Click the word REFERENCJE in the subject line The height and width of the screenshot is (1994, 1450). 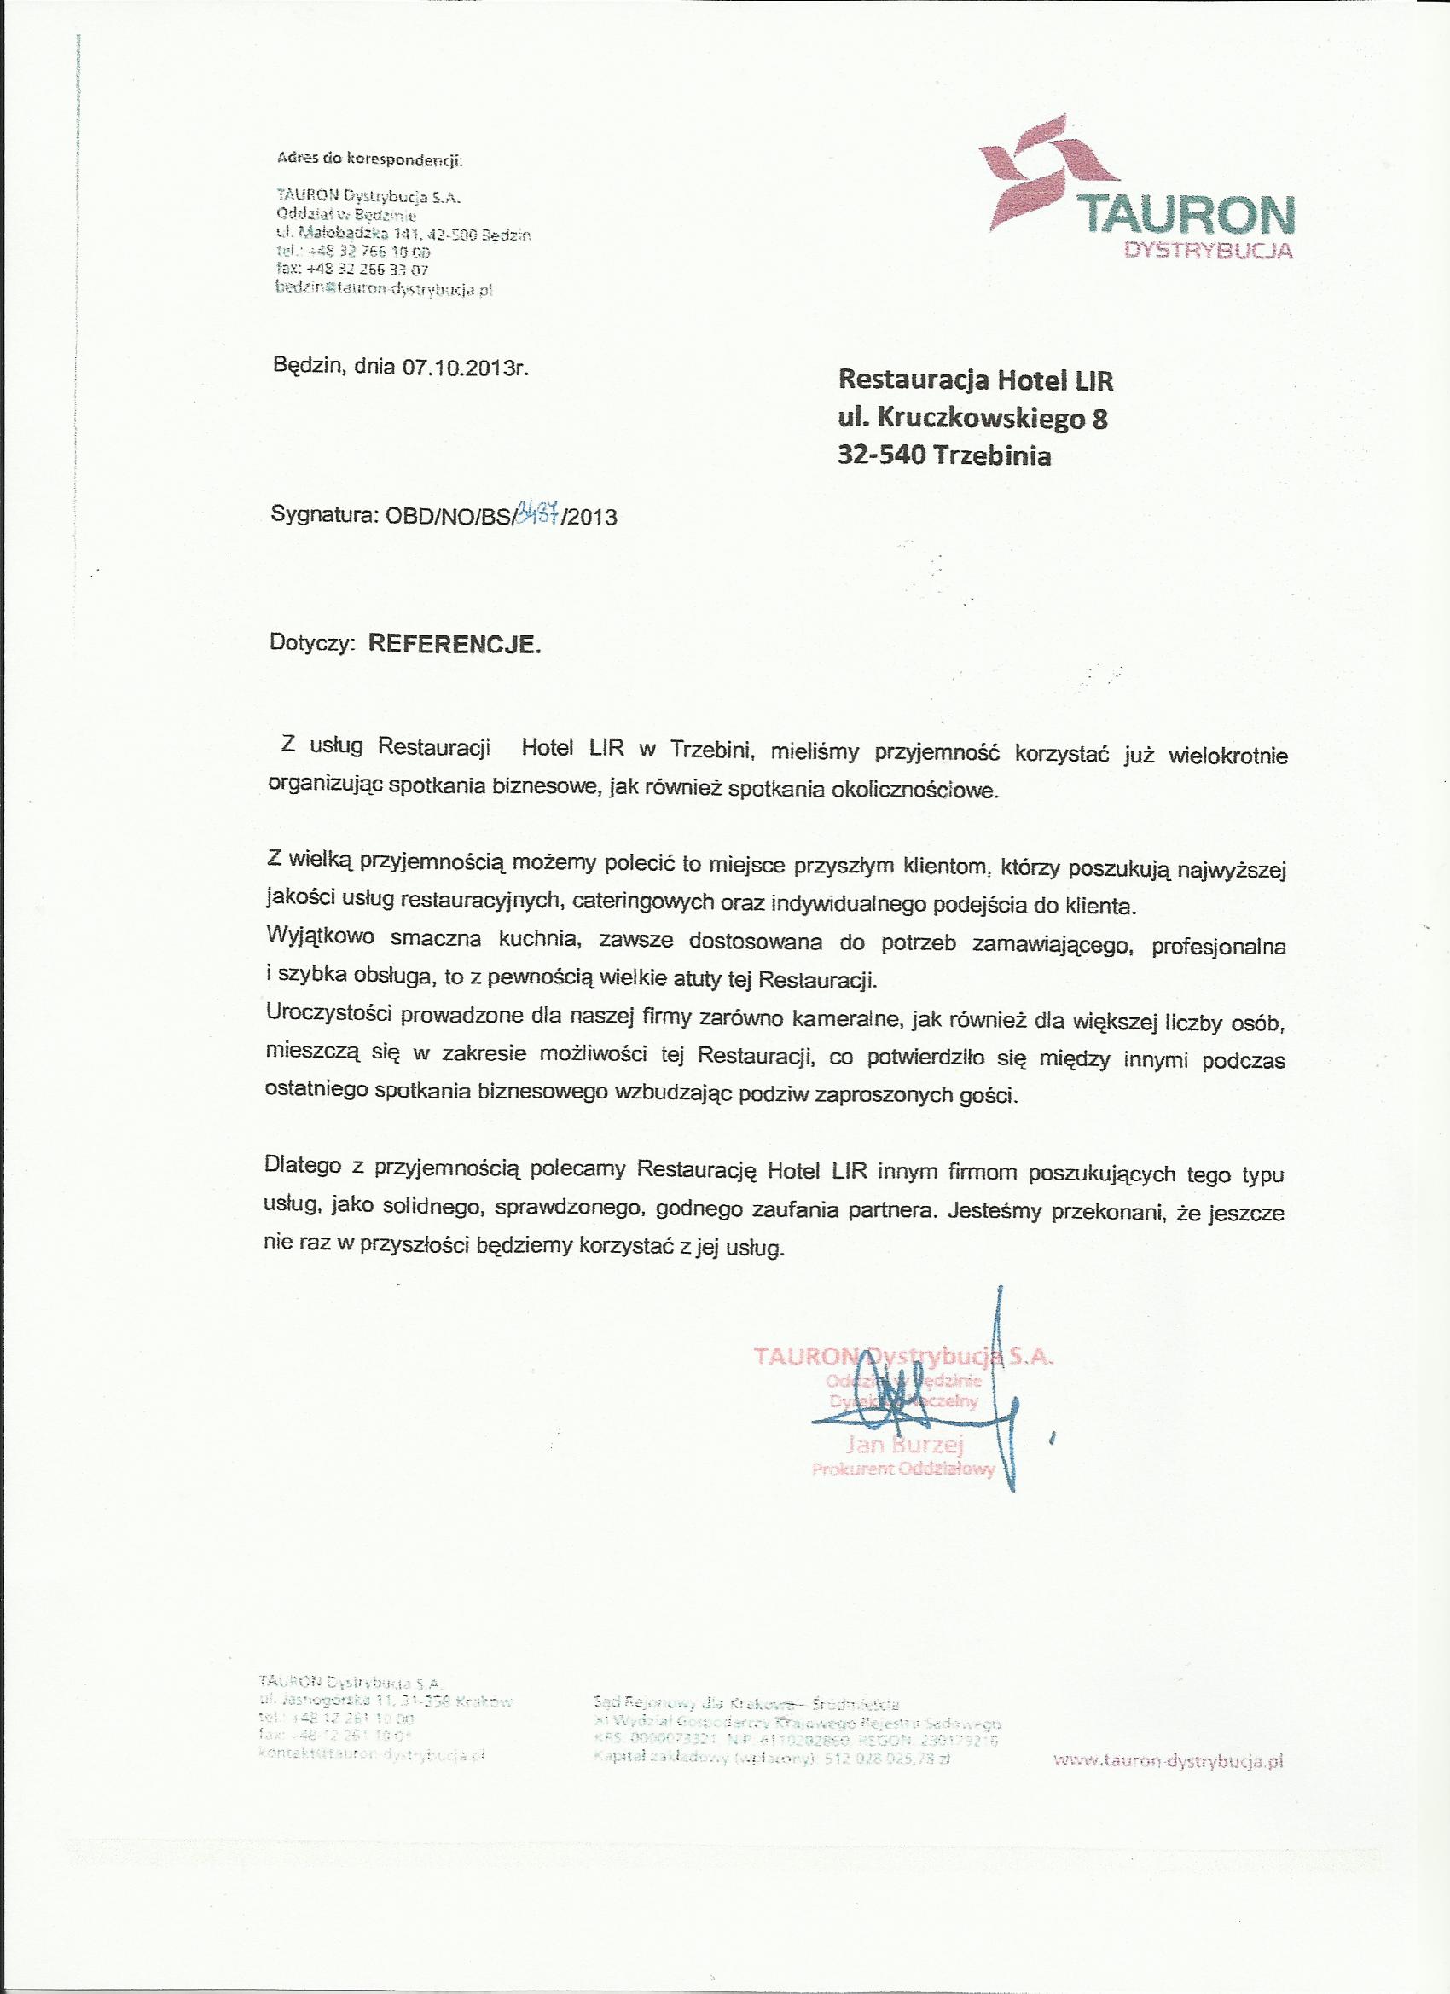click(452, 644)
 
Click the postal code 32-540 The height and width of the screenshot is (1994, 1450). click(884, 456)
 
